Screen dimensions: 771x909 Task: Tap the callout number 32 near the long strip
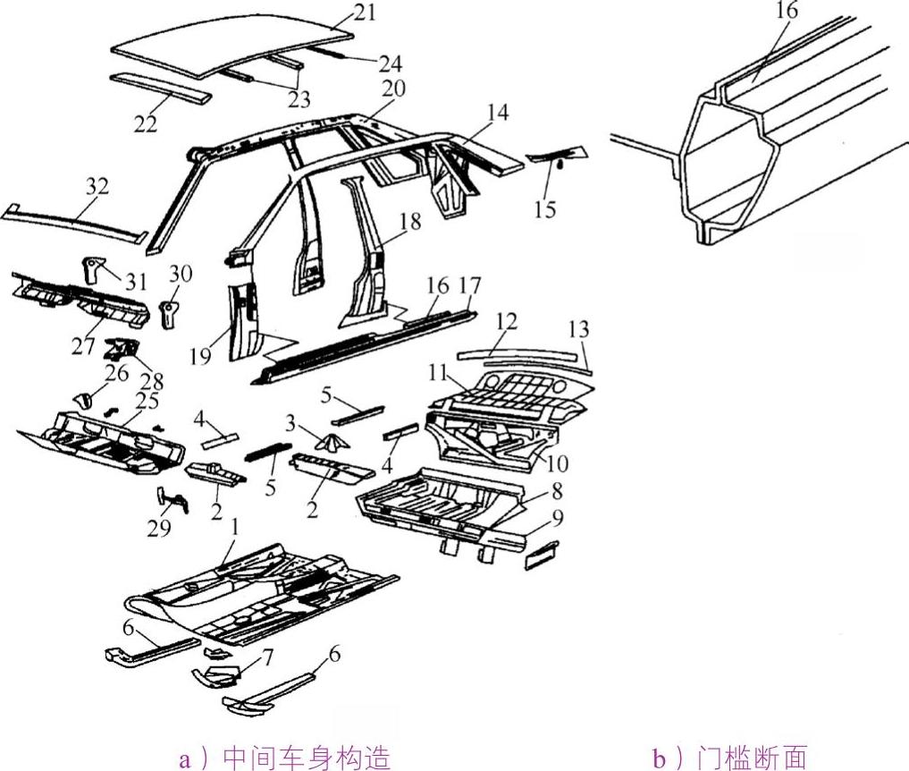point(97,187)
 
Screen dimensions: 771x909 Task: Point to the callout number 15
point(545,209)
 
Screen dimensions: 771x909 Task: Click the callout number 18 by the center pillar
point(410,223)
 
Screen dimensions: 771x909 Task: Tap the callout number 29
point(158,528)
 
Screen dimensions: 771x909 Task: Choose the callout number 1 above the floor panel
point(235,528)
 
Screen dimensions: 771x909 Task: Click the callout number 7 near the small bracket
point(267,658)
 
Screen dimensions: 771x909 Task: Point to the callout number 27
point(84,345)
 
